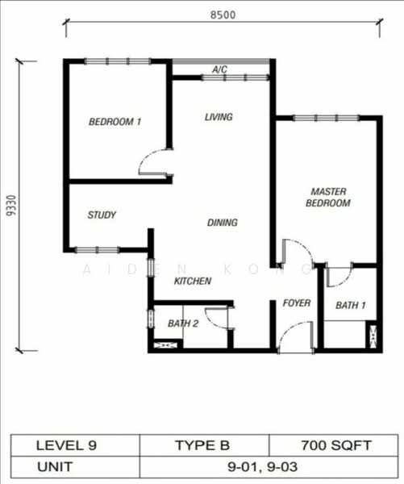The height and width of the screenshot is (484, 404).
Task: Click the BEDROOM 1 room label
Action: pyautogui.click(x=115, y=122)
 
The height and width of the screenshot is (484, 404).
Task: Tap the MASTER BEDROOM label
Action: pyautogui.click(x=327, y=198)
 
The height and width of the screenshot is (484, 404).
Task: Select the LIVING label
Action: pyautogui.click(x=218, y=117)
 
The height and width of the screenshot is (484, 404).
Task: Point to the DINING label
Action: pyautogui.click(x=222, y=223)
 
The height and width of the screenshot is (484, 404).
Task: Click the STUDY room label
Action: pyautogui.click(x=102, y=215)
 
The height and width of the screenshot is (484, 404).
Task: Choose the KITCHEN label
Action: pyautogui.click(x=193, y=281)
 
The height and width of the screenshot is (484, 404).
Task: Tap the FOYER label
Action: pyautogui.click(x=296, y=303)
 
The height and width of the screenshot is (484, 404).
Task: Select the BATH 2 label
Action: pyautogui.click(x=183, y=323)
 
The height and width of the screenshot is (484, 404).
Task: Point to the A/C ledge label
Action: pyautogui.click(x=219, y=70)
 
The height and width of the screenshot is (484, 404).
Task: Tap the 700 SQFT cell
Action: pyautogui.click(x=331, y=444)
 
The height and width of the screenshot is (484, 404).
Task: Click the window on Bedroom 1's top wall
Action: pyautogui.click(x=118, y=60)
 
